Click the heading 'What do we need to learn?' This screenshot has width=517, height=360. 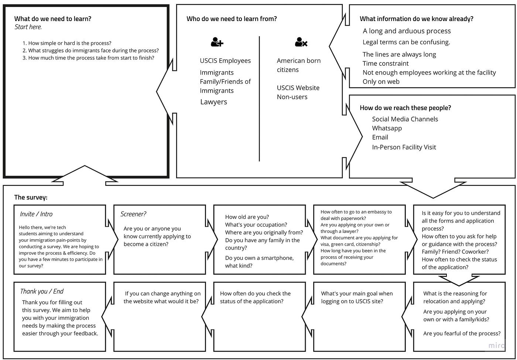tap(53, 19)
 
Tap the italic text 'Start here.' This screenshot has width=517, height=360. tap(28, 27)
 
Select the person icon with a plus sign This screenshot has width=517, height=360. tap(217, 42)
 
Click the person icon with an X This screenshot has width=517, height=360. tap(301, 42)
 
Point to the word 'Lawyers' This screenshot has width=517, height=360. tap(213, 102)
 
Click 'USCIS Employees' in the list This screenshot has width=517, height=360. tap(225, 61)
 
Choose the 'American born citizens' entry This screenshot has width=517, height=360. tap(298, 65)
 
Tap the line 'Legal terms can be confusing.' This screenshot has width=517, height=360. tap(406, 42)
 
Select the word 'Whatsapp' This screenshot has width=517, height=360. tap(387, 128)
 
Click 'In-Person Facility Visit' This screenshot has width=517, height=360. tap(404, 147)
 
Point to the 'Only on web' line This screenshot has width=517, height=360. tap(381, 82)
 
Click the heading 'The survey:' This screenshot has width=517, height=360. tap(31, 197)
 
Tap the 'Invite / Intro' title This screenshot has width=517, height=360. tap(36, 214)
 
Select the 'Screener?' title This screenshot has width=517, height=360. tap(133, 214)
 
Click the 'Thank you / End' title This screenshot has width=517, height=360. tap(42, 291)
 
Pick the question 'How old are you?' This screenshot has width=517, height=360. tap(247, 217)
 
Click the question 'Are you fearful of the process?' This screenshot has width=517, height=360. tap(462, 333)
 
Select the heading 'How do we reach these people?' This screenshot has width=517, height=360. tap(405, 108)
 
